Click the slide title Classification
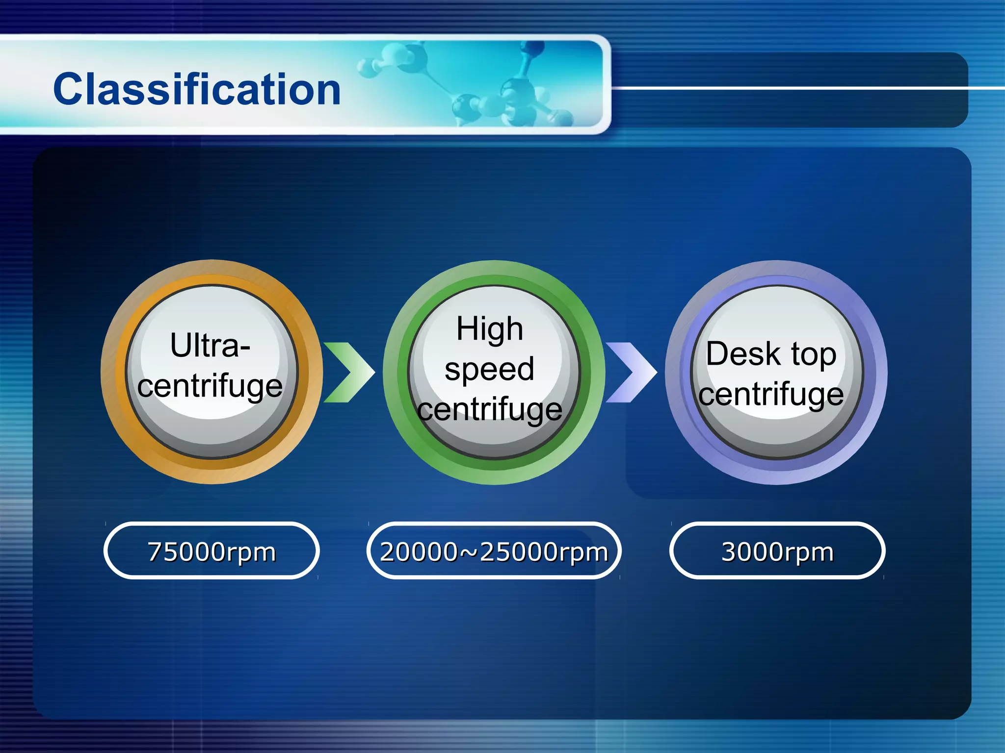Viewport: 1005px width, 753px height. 197,89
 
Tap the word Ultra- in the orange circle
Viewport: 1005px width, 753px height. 210,346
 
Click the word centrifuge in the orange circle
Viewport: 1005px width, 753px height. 210,386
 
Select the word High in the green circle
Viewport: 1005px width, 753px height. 489,328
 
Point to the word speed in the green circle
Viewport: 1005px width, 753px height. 489,370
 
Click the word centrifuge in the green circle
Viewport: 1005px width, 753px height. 489,410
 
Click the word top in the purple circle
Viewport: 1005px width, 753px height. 813,354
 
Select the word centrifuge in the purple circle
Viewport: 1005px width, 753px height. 771,395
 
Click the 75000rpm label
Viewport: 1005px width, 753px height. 212,552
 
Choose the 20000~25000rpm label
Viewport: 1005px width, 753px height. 494,552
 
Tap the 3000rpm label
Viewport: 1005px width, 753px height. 777,552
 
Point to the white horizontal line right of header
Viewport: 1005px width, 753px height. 805,88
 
